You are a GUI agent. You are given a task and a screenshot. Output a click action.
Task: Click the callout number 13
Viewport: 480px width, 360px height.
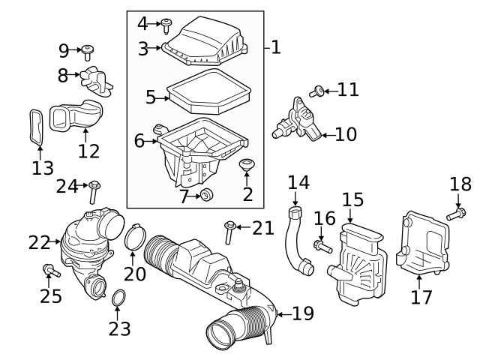[43, 168]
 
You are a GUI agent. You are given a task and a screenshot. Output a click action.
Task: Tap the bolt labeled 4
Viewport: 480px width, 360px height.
[167, 25]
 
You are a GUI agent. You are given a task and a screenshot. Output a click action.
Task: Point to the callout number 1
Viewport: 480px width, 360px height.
[275, 48]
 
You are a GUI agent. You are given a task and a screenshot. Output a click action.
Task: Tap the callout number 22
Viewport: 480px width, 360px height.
[39, 242]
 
